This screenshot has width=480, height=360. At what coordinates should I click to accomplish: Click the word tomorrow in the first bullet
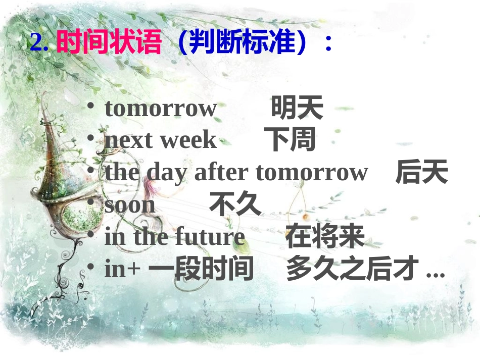pos(160,109)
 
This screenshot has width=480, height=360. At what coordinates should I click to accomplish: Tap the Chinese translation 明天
pos(297,108)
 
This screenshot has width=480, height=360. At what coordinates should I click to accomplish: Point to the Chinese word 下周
pos(290,140)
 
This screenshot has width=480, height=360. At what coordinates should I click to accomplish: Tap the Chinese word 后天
pos(421,172)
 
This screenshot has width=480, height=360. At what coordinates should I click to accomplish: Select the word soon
pos(130,205)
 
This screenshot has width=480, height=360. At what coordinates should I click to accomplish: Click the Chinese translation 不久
pos(235,204)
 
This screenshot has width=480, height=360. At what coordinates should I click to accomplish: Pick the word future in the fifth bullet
pos(210,237)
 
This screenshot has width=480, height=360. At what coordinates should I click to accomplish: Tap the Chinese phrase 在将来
pos(324,237)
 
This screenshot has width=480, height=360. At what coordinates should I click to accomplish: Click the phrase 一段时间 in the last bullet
pos(201,269)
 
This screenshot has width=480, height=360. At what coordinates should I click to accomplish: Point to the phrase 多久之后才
pos(353,269)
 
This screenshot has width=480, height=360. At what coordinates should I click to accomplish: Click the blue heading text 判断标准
pos(242,43)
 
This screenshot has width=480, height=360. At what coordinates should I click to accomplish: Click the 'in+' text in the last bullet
pos(122,270)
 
